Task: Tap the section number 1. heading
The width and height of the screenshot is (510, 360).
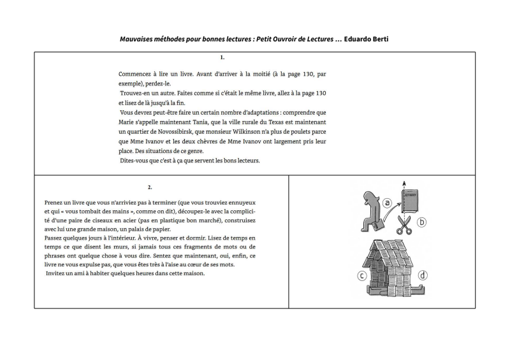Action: pos(222,57)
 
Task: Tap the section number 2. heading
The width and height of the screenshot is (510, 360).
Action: pos(150,187)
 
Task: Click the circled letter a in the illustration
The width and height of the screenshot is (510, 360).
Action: pos(388,203)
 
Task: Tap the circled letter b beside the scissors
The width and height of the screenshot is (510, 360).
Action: pos(421,222)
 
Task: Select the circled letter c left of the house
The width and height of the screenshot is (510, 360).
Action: pos(362,276)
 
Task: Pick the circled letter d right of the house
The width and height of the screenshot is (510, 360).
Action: pos(422,276)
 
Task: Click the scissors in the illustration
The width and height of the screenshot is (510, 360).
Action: pos(403,224)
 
